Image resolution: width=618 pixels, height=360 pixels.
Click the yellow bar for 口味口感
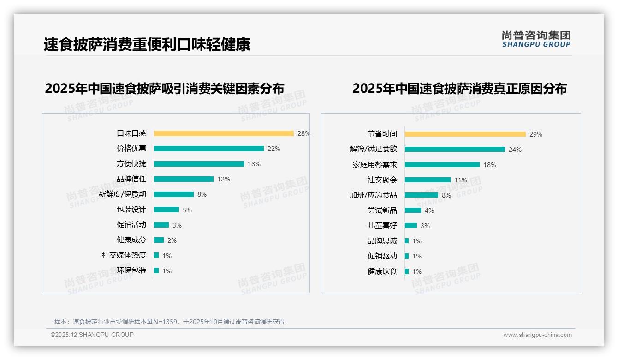(224, 133)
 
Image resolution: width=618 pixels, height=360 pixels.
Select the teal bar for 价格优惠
(209, 149)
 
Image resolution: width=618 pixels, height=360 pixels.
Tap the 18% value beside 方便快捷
(254, 164)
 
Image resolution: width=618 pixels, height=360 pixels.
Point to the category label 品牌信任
(131, 179)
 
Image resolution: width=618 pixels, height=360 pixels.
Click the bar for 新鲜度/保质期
(174, 194)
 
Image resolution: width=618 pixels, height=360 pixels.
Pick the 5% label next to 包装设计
(187, 210)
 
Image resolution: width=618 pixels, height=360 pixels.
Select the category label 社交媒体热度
(124, 255)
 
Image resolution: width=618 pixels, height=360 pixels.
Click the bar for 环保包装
(156, 270)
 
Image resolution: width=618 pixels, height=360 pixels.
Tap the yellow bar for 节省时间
(465, 134)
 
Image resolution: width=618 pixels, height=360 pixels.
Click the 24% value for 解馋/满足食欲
(515, 150)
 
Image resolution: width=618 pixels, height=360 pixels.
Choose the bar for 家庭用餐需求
(442, 165)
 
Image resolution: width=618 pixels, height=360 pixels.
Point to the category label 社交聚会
(382, 180)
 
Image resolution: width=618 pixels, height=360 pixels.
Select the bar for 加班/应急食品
(422, 195)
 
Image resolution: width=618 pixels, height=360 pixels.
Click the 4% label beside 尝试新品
(429, 210)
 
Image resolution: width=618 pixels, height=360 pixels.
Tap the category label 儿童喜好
(382, 226)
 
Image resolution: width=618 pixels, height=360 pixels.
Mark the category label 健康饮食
(382, 271)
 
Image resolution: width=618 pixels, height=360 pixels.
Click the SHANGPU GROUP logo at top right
(536, 39)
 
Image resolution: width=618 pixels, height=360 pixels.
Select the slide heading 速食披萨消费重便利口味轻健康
(147, 45)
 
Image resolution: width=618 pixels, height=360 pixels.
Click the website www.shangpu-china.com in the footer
(537, 335)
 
